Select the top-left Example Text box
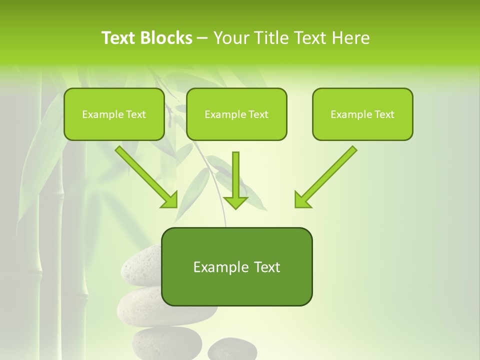[x=114, y=114]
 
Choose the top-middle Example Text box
[x=236, y=114]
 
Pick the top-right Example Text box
[x=362, y=114]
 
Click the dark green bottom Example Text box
[x=237, y=266]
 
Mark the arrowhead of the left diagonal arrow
[x=170, y=200]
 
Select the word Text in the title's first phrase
[x=118, y=38]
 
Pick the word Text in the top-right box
[x=384, y=114]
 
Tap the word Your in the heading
[x=231, y=38]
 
